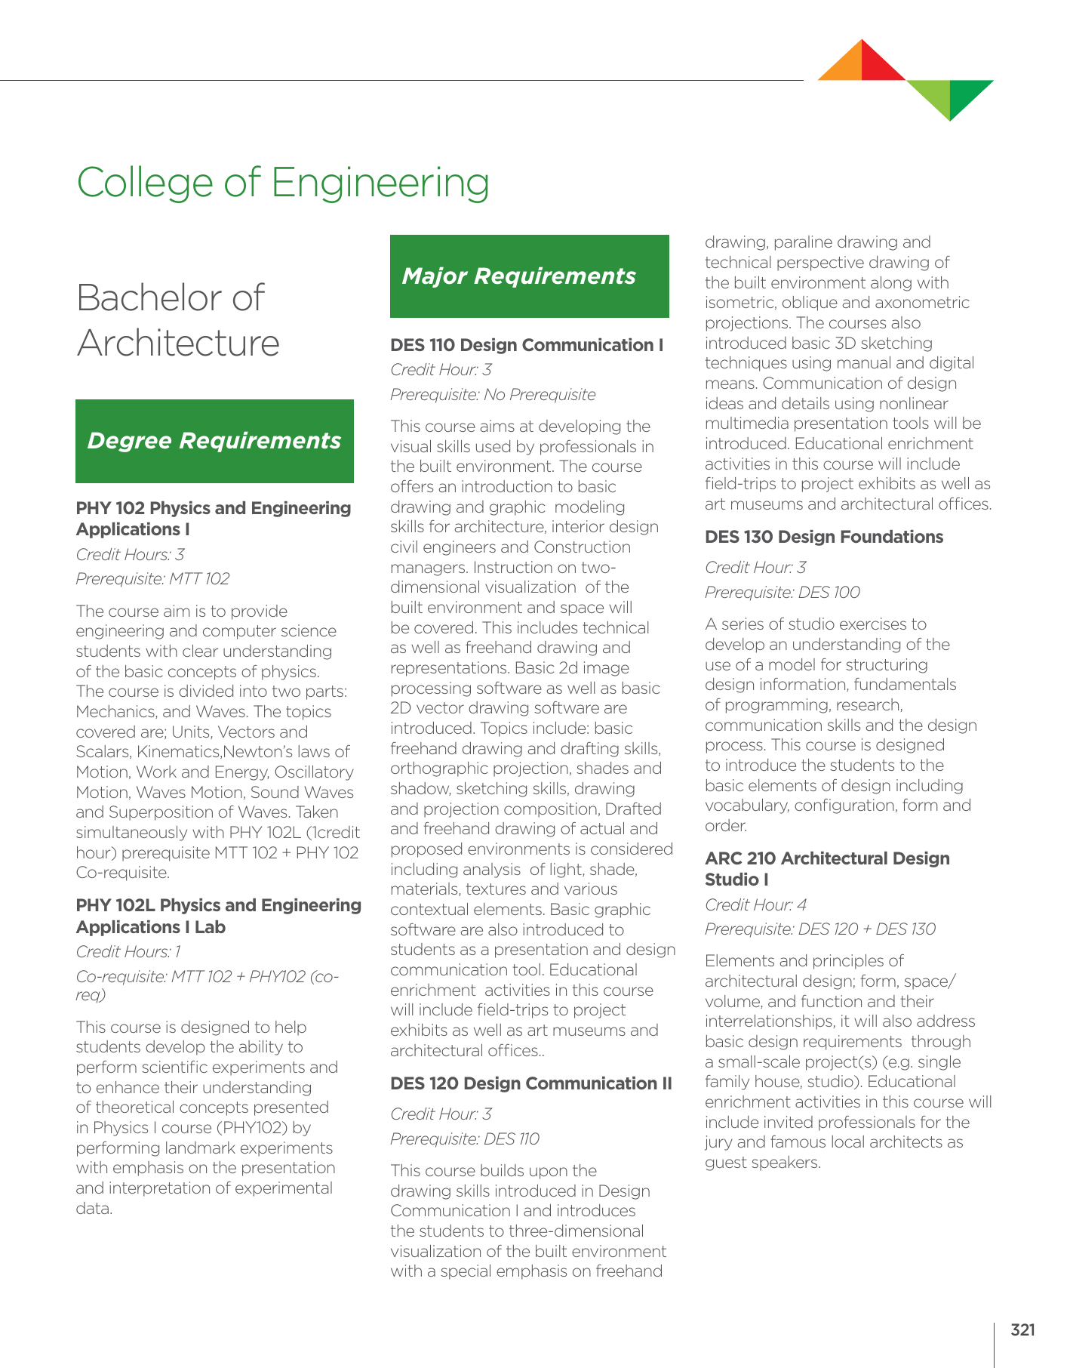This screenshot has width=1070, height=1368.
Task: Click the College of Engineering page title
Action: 283,183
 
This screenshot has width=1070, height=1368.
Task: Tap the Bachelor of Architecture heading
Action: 178,320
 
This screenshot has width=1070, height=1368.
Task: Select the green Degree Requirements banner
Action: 214,441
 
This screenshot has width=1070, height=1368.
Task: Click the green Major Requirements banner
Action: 529,276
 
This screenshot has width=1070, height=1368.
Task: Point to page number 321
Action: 1022,1329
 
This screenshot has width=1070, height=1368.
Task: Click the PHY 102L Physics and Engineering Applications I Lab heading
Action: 218,916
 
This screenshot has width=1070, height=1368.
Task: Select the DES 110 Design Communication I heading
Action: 527,345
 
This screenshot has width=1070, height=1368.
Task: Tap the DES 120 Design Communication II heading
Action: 530,1083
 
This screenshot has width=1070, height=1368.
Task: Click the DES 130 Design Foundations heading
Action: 823,537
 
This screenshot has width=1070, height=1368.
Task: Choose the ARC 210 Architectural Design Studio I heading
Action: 826,869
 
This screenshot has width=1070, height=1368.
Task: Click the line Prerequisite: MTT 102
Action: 152,579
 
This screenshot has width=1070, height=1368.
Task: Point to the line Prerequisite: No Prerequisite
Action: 493,395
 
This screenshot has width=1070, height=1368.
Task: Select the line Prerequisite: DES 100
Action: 782,593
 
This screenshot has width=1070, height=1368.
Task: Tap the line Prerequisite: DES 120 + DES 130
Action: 819,929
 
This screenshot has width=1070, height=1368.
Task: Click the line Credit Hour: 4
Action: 755,904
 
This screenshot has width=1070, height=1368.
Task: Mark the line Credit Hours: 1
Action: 128,952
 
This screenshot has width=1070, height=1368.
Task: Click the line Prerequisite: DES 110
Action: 464,1139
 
